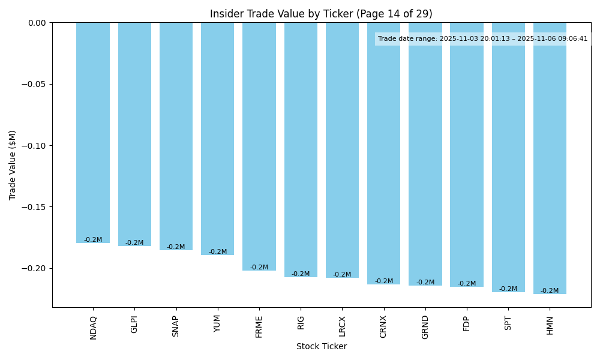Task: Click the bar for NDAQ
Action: [x=93, y=132]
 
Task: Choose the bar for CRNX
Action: [x=383, y=153]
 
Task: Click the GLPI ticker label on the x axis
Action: [x=134, y=324]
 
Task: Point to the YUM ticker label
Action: [x=217, y=323]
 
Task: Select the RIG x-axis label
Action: [x=301, y=322]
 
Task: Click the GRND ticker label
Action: [x=425, y=326]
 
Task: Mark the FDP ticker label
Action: [x=467, y=323]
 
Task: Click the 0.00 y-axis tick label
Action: [x=37, y=23]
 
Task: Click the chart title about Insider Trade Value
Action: [x=321, y=14]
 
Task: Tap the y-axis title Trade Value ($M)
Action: [x=13, y=165]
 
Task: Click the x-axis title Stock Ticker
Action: [x=321, y=346]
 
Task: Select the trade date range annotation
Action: [x=482, y=39]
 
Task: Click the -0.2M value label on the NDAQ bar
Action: [x=93, y=240]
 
